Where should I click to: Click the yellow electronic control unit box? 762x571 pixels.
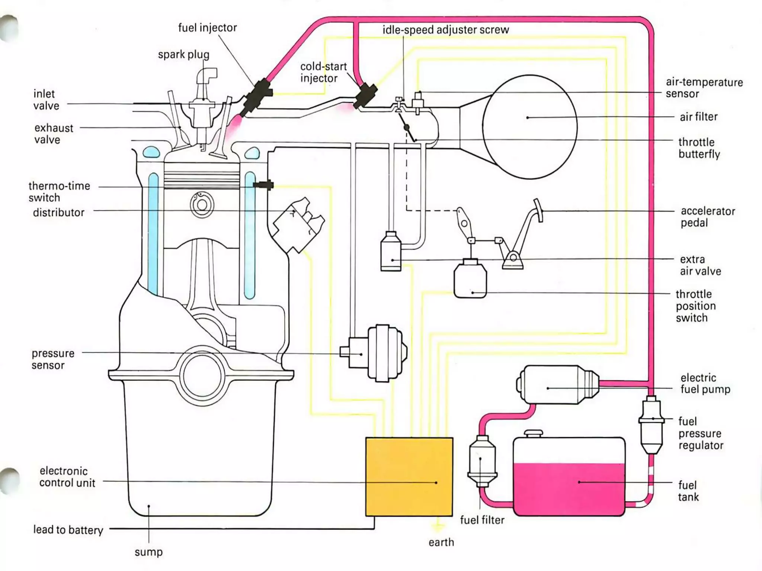(409, 477)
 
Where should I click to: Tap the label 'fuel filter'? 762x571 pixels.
(482, 520)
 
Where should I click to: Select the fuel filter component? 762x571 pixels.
(482, 461)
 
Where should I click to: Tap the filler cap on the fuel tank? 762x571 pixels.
(534, 434)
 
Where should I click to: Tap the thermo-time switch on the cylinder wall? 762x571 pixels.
(263, 185)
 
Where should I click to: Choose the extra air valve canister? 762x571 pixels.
(391, 251)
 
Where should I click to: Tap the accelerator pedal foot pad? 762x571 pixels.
(538, 210)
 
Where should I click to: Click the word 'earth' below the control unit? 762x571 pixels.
(441, 542)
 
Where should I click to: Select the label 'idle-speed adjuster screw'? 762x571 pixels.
(445, 30)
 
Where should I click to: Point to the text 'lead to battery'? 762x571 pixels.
(68, 529)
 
